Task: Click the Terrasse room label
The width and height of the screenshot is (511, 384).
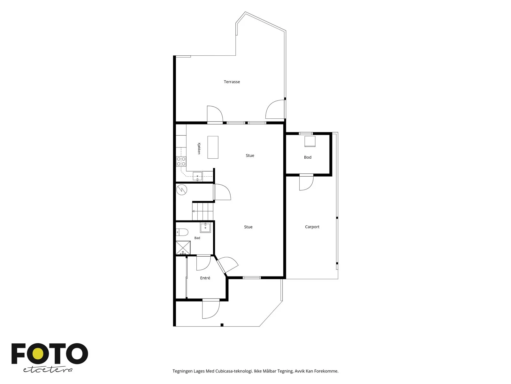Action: point(232,82)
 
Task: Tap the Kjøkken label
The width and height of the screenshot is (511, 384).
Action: point(199,148)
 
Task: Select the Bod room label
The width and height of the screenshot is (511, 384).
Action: point(308,157)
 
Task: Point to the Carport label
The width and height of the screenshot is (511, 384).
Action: point(312,227)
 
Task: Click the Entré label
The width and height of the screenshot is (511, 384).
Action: point(205,278)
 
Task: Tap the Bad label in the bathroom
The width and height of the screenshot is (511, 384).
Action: point(197,238)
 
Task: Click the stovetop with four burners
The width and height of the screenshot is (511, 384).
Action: point(181,161)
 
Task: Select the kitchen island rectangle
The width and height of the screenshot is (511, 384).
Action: point(213,147)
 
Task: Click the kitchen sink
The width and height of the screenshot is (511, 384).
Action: point(197,177)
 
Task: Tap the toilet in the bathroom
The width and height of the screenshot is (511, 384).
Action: point(182,232)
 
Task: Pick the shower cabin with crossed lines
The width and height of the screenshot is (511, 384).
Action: point(183,248)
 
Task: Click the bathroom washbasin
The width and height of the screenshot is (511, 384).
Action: point(205,228)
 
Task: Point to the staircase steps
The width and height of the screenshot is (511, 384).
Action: point(203,211)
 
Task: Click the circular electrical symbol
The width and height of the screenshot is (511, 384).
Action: point(182,190)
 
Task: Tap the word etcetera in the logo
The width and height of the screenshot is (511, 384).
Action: point(48,370)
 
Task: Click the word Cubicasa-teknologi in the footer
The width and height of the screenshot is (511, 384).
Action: point(234,371)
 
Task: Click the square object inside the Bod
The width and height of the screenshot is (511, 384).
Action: point(310,141)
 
